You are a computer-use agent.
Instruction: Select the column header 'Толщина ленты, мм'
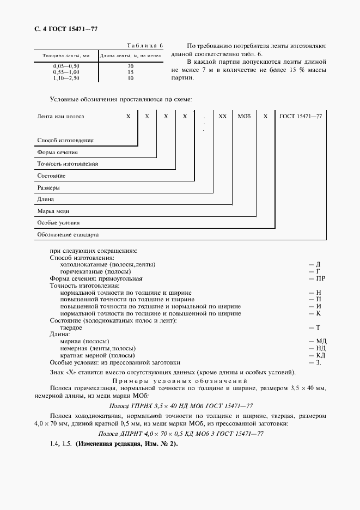[x=62, y=56]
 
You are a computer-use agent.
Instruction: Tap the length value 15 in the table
[x=131, y=72]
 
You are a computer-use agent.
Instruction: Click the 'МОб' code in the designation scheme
[x=242, y=117]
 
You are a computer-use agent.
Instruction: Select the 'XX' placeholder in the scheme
[x=222, y=117]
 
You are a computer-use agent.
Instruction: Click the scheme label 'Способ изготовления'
[x=65, y=140]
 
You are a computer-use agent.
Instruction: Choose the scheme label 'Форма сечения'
[x=57, y=153]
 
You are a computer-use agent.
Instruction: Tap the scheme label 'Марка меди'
[x=53, y=211]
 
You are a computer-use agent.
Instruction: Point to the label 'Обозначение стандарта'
[x=68, y=235]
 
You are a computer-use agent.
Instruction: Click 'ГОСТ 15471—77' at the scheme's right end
[x=301, y=117]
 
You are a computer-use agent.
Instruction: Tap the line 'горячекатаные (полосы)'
[x=95, y=271]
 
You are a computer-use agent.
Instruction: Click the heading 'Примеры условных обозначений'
[x=180, y=380]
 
